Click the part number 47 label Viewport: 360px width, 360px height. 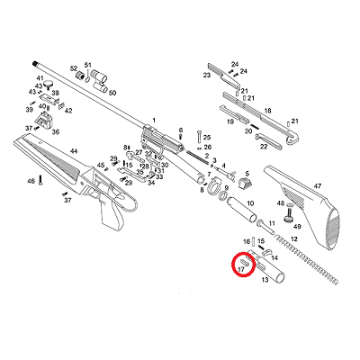(318, 186)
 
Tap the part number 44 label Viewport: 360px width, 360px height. (74, 151)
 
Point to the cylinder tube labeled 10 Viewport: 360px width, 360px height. (242, 209)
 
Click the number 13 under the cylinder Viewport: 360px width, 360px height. (265, 280)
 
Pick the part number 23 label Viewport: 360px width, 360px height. (207, 75)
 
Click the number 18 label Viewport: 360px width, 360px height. (267, 111)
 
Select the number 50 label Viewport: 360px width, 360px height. (112, 93)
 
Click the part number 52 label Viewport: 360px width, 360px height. (74, 68)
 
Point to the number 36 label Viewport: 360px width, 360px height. (56, 131)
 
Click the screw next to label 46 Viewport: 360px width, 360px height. (40, 181)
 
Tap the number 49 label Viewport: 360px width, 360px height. (297, 227)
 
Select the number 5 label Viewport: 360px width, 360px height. (247, 174)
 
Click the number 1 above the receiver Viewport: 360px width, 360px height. (154, 121)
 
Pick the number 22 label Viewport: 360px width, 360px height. (264, 147)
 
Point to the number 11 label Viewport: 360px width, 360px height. (272, 223)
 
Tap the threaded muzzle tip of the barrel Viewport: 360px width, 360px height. (35, 64)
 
